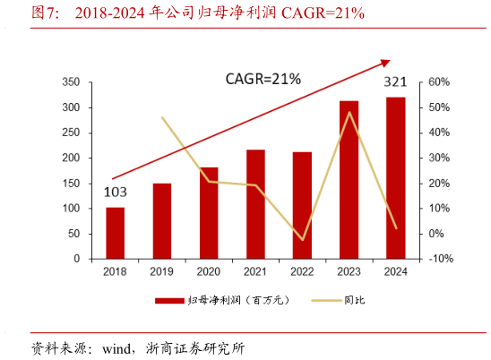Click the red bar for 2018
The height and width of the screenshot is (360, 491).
click(115, 233)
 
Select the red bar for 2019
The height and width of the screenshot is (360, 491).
click(162, 221)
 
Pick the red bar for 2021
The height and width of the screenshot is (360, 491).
click(255, 204)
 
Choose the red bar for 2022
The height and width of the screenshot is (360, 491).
click(302, 205)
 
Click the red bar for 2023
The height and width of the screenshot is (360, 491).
click(349, 180)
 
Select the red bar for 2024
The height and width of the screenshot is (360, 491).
click(396, 178)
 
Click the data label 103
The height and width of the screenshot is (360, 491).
click(114, 192)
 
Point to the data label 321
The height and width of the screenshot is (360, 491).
click(396, 82)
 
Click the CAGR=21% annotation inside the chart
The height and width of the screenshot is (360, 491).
click(263, 80)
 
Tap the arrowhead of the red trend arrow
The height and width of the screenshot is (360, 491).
click(386, 62)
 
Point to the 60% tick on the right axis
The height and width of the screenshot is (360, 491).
click(438, 82)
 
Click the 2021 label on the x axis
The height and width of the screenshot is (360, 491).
click(255, 271)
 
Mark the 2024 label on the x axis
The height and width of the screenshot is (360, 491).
click(396, 271)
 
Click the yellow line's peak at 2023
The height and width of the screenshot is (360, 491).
click(349, 113)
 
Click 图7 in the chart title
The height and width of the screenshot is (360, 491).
click(47, 13)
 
